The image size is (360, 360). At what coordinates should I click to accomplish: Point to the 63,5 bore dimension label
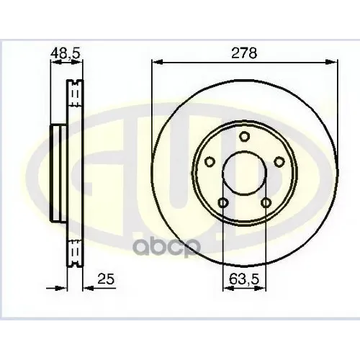[x=244, y=276]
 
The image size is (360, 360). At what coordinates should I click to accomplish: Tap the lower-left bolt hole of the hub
[x=223, y=202]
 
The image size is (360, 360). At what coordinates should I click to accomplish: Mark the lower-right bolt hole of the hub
[x=266, y=202]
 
